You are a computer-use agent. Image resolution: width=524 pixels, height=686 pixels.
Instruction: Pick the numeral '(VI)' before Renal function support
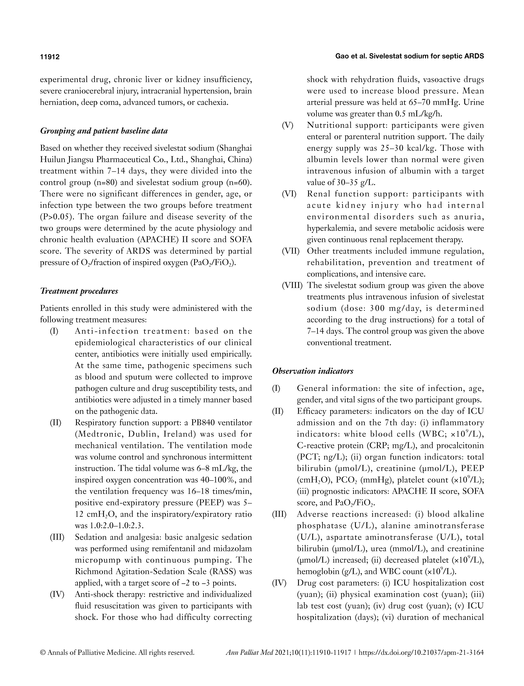coord(289,194)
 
